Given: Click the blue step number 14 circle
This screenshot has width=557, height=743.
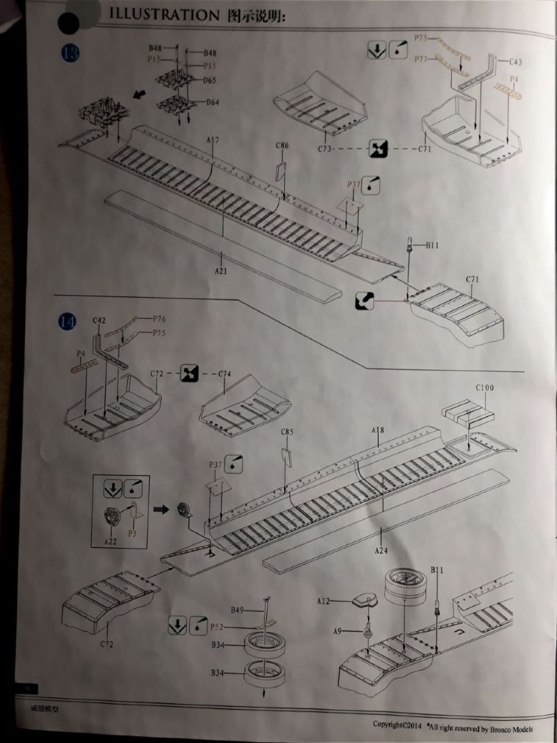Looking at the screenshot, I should (x=67, y=322).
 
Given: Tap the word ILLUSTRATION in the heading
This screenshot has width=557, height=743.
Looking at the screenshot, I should (x=164, y=15).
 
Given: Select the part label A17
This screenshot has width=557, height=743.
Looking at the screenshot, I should (x=212, y=141).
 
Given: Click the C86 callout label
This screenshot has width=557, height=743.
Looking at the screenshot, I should (x=282, y=146).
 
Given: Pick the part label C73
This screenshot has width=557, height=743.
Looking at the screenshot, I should (x=325, y=149).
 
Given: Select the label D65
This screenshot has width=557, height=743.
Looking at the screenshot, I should (x=209, y=81).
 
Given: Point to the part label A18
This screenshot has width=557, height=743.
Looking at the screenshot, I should (x=378, y=430).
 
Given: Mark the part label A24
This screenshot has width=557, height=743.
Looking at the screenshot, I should (x=381, y=551).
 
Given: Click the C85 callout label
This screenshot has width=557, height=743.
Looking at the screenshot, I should (x=287, y=432).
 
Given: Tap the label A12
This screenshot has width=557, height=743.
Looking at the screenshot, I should (x=324, y=601).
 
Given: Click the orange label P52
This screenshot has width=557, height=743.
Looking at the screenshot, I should (x=217, y=628).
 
